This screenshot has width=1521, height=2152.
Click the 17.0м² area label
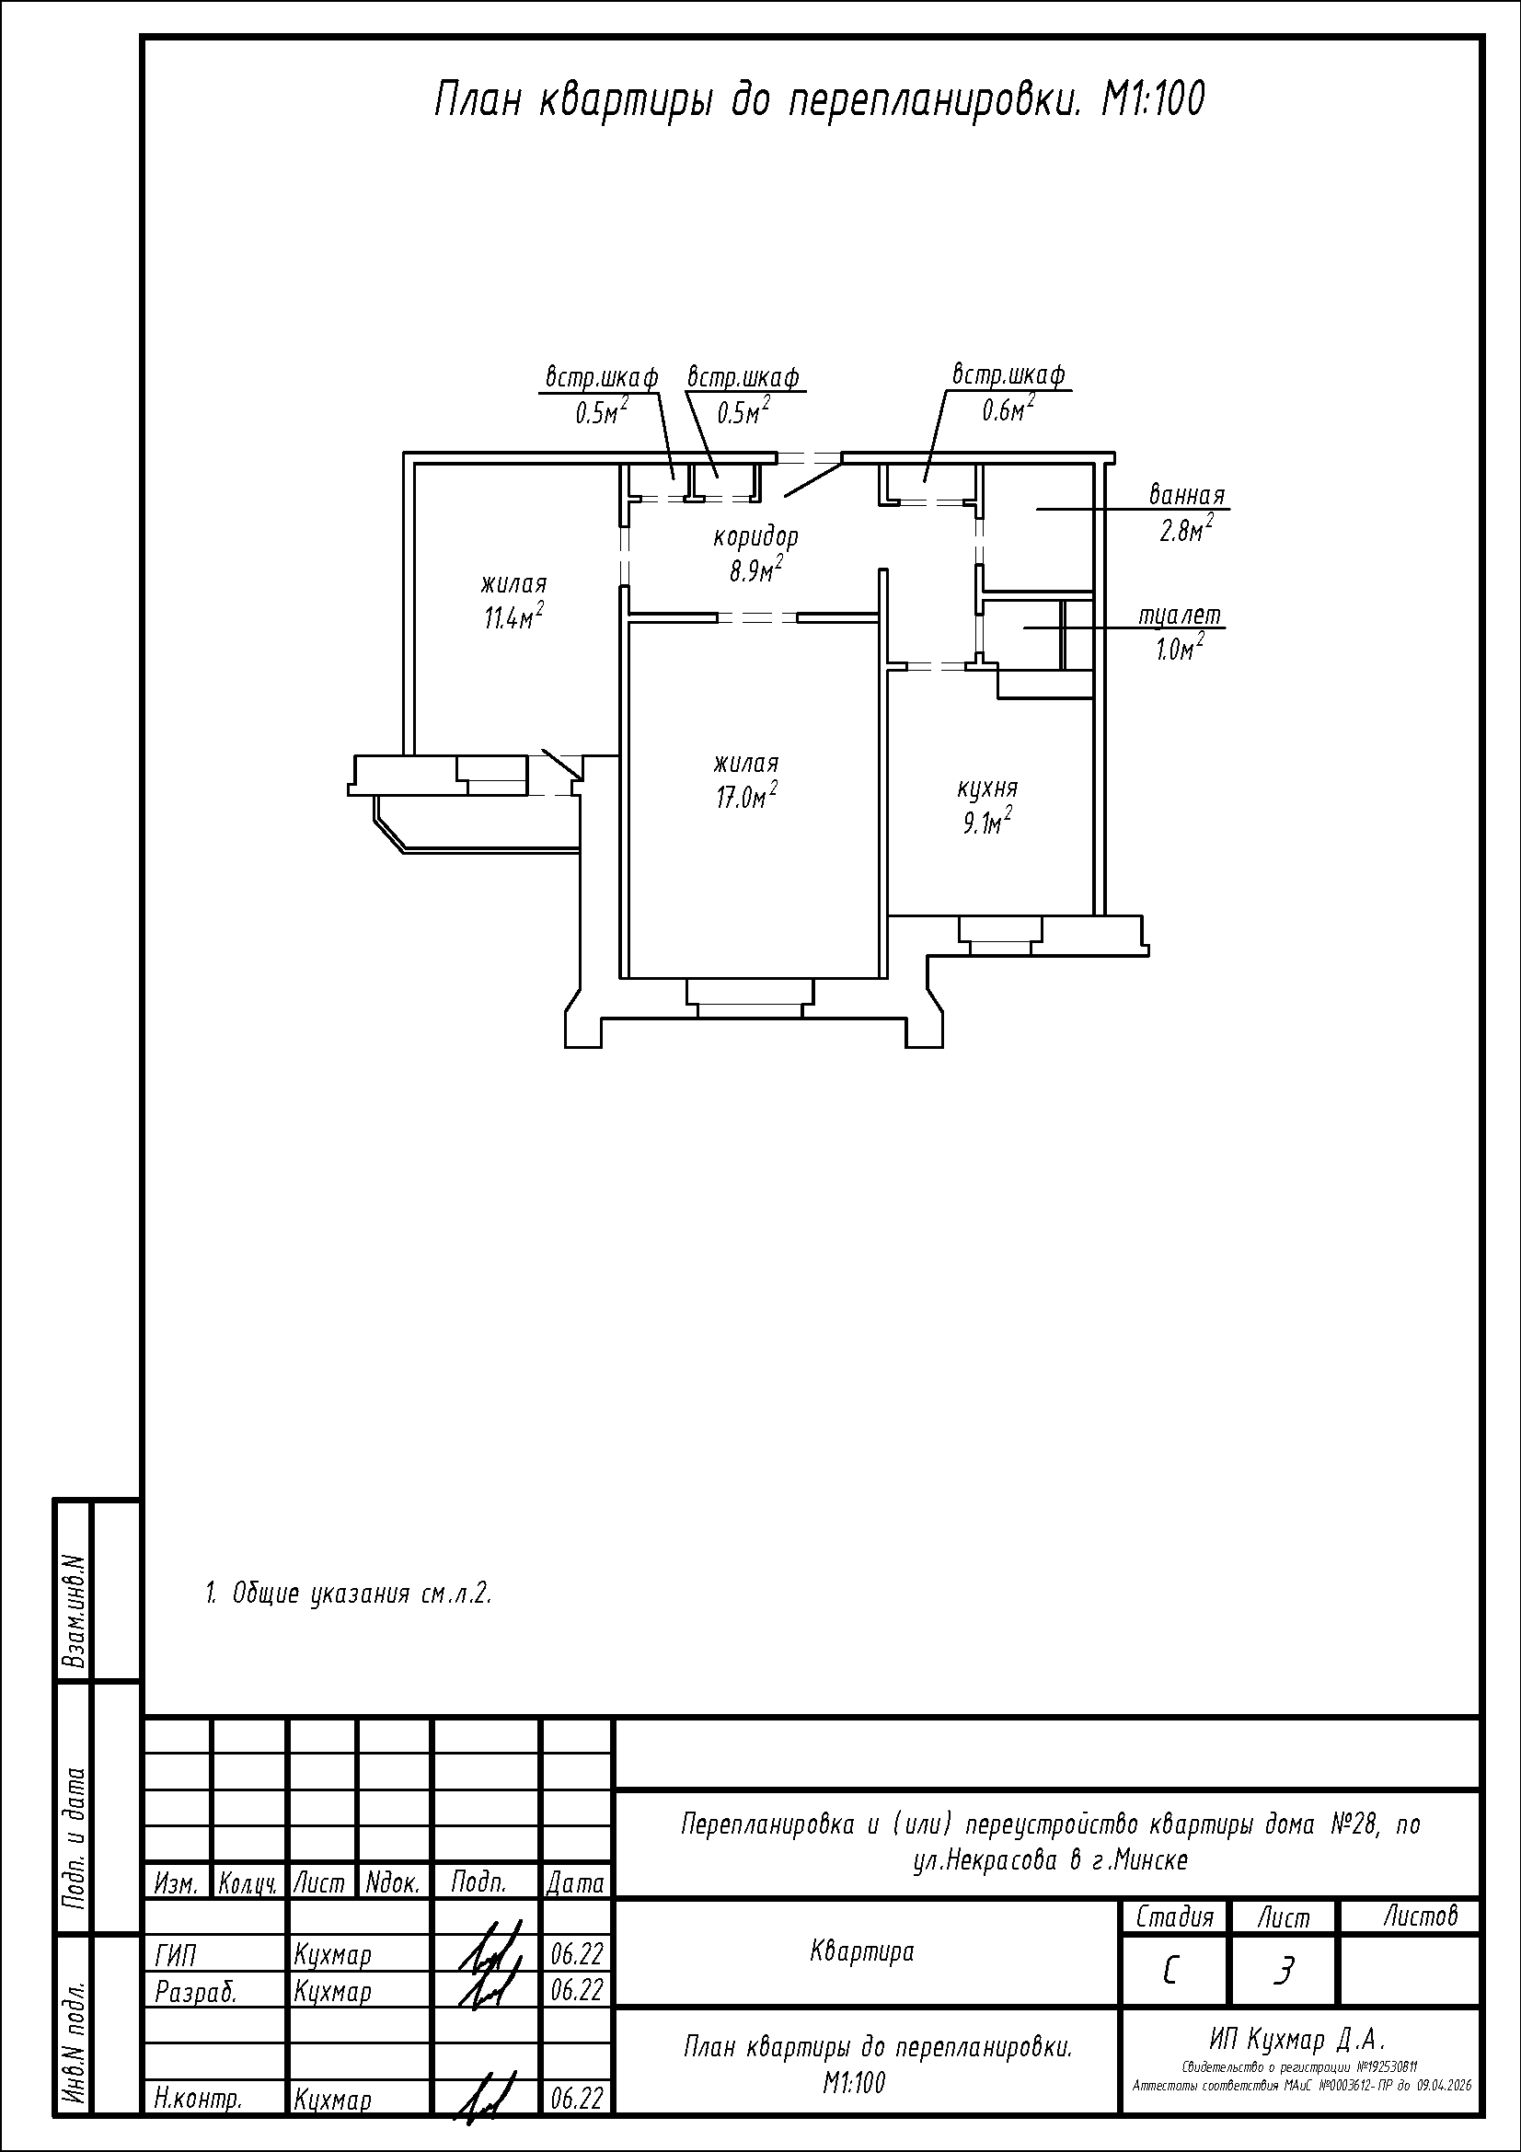tap(746, 796)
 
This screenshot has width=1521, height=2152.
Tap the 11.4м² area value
tap(513, 616)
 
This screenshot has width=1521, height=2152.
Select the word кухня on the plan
tap(986, 788)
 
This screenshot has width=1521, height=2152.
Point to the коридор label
tap(756, 538)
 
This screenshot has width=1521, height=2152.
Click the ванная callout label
tap(1187, 495)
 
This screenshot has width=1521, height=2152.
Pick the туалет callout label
tap(1180, 616)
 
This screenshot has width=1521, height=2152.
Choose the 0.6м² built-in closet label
tap(1008, 408)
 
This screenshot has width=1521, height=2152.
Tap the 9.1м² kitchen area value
tap(985, 823)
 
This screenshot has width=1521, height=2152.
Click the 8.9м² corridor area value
tap(756, 569)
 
